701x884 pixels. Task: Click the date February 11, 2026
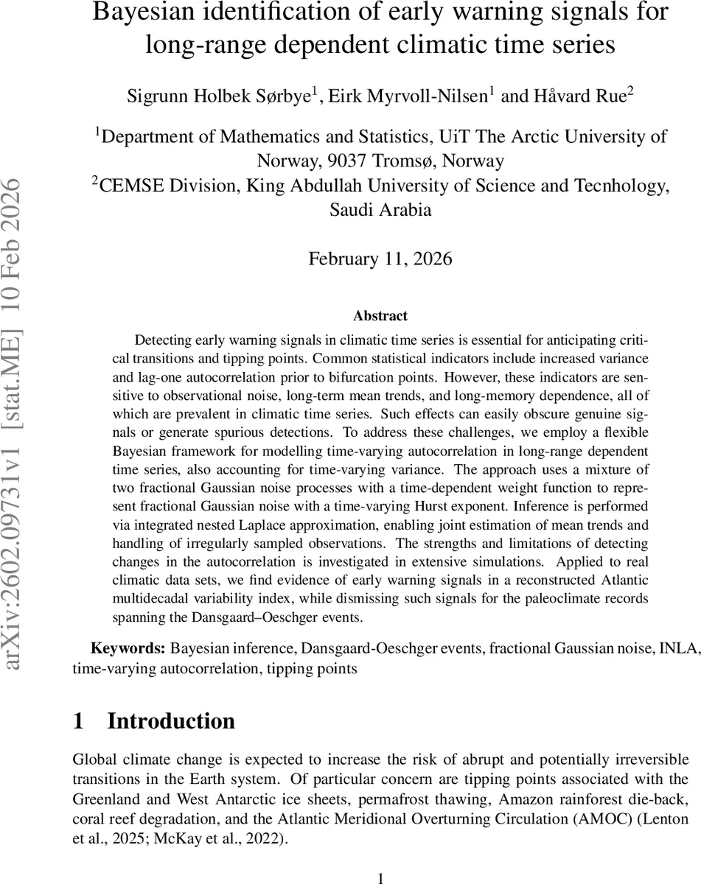coord(380,259)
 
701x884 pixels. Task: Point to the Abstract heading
coord(380,316)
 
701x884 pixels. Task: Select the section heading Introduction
coord(171,720)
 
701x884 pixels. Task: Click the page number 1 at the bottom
coord(380,877)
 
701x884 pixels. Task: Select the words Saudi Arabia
coord(380,210)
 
